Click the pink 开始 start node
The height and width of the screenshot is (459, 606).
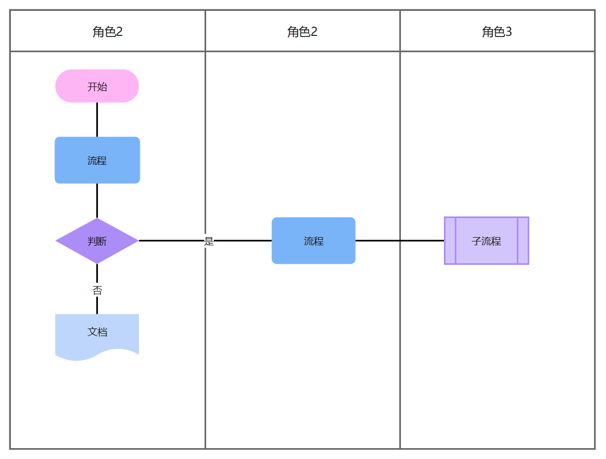click(x=97, y=86)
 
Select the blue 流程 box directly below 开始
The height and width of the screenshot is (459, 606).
click(x=97, y=160)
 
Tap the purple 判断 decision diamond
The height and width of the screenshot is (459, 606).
click(x=97, y=241)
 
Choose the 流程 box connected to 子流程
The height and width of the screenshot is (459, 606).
click(x=313, y=241)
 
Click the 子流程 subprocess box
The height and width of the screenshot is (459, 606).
click(x=486, y=241)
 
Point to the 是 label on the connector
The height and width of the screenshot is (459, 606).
click(x=209, y=241)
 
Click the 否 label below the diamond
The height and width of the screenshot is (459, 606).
click(x=97, y=290)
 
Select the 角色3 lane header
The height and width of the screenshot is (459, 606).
click(x=497, y=32)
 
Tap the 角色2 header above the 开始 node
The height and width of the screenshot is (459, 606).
click(x=108, y=32)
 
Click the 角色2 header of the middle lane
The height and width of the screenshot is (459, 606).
click(x=302, y=32)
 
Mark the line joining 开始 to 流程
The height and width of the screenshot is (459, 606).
click(x=97, y=120)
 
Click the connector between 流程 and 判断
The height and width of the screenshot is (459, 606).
click(x=97, y=201)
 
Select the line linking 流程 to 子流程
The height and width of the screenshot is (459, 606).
click(x=400, y=241)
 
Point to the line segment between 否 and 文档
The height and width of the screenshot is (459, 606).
click(x=97, y=305)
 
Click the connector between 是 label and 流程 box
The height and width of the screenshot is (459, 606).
click(x=243, y=241)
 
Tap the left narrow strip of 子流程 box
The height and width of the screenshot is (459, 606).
click(x=450, y=241)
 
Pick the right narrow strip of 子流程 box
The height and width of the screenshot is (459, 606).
click(x=523, y=241)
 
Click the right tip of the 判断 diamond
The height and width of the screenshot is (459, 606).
click(x=139, y=241)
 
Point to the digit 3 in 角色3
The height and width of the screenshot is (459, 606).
click(x=509, y=32)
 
